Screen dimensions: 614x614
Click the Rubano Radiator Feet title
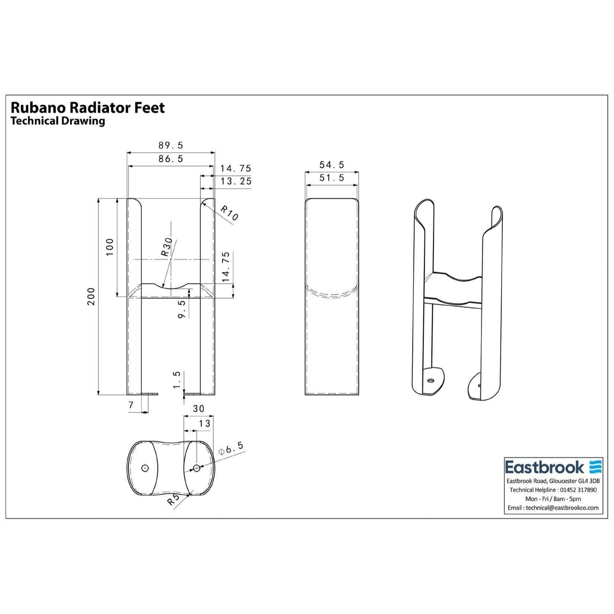coord(87,107)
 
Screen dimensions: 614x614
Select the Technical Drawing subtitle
coord(58,121)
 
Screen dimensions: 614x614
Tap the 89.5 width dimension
coord(171,145)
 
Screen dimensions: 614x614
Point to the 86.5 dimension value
coord(171,159)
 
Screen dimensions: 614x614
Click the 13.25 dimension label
coord(236,181)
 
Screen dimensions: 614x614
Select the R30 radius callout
coord(166,247)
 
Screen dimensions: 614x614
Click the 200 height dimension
coord(91,297)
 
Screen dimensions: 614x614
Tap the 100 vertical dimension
coord(110,247)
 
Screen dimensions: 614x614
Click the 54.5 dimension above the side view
coord(332,165)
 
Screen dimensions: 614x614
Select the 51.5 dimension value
coord(332,178)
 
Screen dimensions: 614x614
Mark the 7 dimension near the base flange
coord(131,405)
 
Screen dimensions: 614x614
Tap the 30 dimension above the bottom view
coord(199,409)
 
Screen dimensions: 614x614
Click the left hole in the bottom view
coord(145,468)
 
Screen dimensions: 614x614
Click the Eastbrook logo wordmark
coord(544,466)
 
